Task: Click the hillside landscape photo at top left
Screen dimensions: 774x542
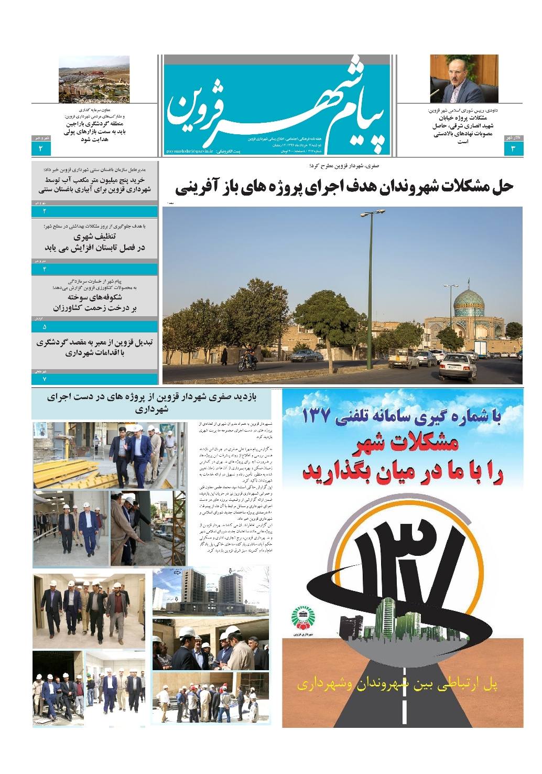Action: click(x=94, y=79)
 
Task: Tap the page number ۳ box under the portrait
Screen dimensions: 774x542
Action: click(x=513, y=149)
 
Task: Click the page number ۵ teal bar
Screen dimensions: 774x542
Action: click(x=94, y=326)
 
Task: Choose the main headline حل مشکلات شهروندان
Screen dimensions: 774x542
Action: click(x=344, y=186)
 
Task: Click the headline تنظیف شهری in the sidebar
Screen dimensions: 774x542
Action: click(x=95, y=236)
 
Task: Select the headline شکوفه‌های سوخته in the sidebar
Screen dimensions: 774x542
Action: click(x=95, y=297)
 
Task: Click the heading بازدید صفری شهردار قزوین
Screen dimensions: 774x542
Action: click(x=151, y=402)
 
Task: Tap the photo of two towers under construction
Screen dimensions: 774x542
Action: click(x=211, y=592)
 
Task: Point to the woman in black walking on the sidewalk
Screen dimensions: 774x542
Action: click(x=224, y=356)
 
